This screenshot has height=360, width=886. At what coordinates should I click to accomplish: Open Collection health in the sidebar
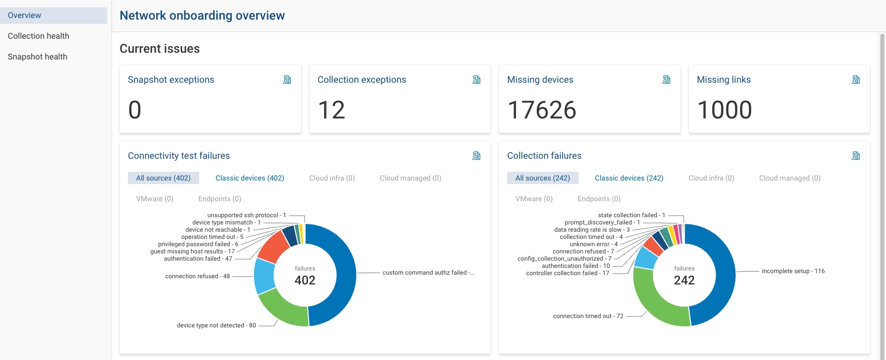38,36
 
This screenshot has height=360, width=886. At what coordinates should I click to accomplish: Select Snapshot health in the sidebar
37,57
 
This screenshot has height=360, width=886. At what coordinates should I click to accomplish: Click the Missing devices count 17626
541,110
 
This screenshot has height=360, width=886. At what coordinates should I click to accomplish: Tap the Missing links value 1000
724,110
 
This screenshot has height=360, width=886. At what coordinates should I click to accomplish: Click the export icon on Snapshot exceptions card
287,80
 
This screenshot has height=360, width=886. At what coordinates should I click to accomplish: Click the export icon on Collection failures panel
855,156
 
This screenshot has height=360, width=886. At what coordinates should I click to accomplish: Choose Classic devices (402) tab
249,178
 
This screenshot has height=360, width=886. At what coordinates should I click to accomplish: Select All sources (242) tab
542,178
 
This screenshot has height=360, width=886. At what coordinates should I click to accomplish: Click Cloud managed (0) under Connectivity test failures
410,178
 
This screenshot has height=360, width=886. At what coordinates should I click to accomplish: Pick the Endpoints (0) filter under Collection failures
599,199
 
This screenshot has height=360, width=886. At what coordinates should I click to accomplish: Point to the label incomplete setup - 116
793,271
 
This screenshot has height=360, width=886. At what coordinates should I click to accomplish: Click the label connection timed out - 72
588,316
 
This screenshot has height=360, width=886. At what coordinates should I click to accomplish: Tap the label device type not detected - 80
216,325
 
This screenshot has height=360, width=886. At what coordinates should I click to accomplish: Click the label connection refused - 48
197,276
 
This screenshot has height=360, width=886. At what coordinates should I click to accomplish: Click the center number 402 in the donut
305,280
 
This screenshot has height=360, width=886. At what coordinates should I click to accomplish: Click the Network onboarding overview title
202,16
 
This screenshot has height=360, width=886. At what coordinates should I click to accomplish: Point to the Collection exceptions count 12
331,110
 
